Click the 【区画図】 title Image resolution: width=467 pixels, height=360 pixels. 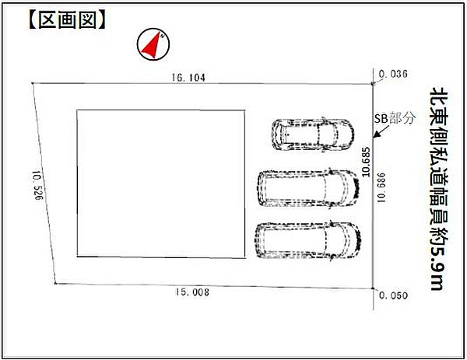[x=68, y=20]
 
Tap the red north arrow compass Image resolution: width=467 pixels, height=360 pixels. [x=153, y=44]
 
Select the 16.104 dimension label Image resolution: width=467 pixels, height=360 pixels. [x=188, y=78]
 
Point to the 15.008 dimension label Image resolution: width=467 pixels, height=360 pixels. [x=192, y=292]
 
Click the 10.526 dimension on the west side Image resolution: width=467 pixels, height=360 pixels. [x=38, y=185]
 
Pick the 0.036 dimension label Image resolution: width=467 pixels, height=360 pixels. [x=393, y=74]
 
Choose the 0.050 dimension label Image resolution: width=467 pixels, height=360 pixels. [x=393, y=295]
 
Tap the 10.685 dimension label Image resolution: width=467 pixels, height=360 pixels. [x=366, y=162]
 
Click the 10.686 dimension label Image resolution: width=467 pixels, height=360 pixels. [x=381, y=187]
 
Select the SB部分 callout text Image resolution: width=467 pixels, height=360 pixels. [x=395, y=118]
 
